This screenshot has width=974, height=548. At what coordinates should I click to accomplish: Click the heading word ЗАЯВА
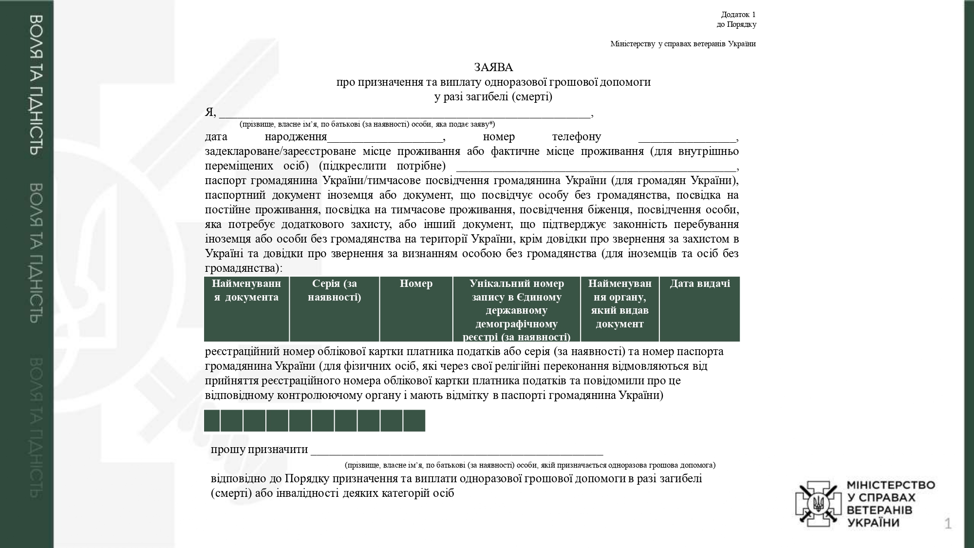[493, 67]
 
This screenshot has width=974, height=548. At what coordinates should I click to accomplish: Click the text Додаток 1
[738, 15]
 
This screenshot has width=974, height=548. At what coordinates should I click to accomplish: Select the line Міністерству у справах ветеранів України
[683, 44]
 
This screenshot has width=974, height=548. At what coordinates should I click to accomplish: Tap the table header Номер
[416, 283]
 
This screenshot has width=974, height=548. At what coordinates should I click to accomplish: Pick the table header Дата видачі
[699, 283]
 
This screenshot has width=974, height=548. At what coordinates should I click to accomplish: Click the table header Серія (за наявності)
[334, 290]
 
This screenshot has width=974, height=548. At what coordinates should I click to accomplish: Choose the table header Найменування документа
[246, 290]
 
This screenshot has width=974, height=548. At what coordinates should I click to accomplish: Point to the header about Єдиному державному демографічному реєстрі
[516, 310]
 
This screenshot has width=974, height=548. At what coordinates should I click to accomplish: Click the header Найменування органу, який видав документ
[619, 303]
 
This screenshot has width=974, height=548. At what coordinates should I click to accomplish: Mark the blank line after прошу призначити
[457, 451]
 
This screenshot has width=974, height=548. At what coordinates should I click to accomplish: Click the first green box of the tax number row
[212, 421]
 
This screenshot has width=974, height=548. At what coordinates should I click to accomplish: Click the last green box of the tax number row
[414, 421]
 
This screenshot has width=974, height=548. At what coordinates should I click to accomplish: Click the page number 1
[948, 524]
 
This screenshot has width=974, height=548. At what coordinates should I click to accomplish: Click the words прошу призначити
[259, 449]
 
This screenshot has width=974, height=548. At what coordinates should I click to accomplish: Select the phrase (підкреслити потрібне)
[382, 166]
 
